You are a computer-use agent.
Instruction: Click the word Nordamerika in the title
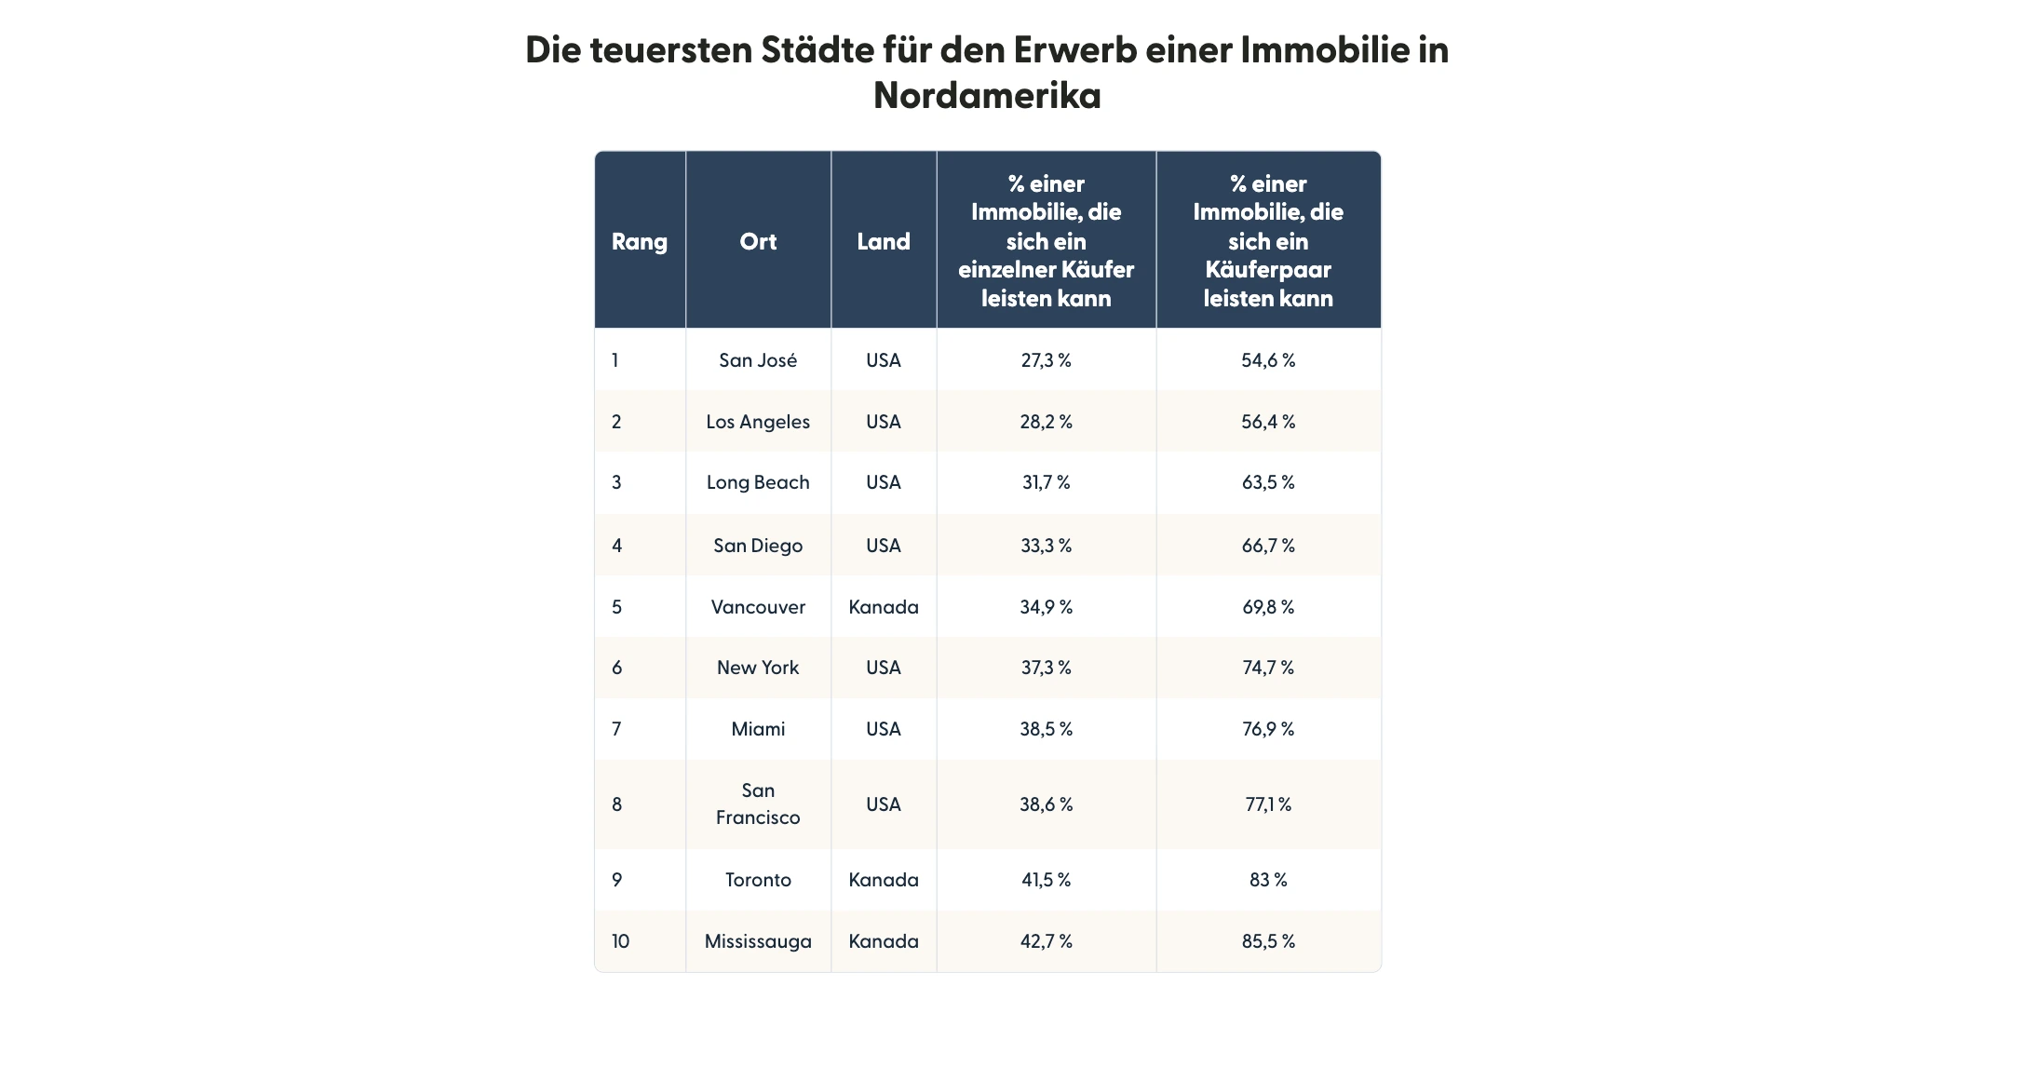pyautogui.click(x=987, y=96)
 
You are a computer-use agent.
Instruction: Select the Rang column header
pyautogui.click(x=639, y=242)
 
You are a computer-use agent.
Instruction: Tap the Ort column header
pyautogui.click(x=758, y=242)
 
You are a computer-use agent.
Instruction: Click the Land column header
pyautogui.click(x=883, y=242)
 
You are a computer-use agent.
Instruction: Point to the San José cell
pyautogui.click(x=758, y=360)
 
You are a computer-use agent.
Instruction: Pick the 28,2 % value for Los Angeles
pyautogui.click(x=1046, y=422)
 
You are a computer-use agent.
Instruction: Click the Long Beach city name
pyautogui.click(x=758, y=482)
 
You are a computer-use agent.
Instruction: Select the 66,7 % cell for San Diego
pyautogui.click(x=1267, y=546)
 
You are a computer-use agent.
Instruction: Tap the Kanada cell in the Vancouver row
pyautogui.click(x=883, y=607)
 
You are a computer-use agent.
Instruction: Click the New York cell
pyautogui.click(x=758, y=668)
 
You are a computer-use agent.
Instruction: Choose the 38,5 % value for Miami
pyautogui.click(x=1046, y=729)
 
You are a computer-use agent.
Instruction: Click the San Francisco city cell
pyautogui.click(x=758, y=804)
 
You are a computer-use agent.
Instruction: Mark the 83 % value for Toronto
pyautogui.click(x=1267, y=880)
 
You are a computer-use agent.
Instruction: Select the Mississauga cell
pyautogui.click(x=758, y=941)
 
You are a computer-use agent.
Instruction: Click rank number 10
pyautogui.click(x=620, y=941)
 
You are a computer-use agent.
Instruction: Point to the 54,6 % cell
pyautogui.click(x=1267, y=360)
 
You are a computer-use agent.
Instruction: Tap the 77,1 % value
pyautogui.click(x=1267, y=804)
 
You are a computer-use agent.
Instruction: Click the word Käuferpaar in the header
pyautogui.click(x=1267, y=270)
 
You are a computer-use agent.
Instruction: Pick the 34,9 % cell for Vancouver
pyautogui.click(x=1046, y=607)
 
